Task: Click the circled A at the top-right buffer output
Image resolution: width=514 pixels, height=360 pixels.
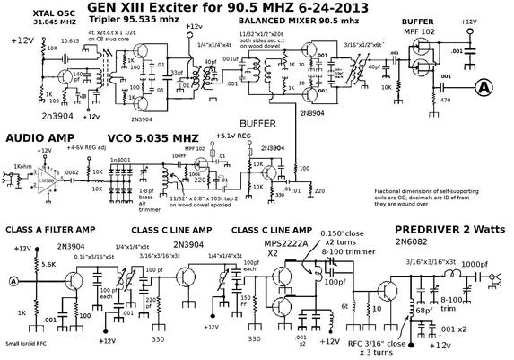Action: (485, 87)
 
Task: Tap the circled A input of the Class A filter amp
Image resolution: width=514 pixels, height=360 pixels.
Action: (13, 282)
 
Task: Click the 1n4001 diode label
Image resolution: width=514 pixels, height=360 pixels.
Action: (119, 160)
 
